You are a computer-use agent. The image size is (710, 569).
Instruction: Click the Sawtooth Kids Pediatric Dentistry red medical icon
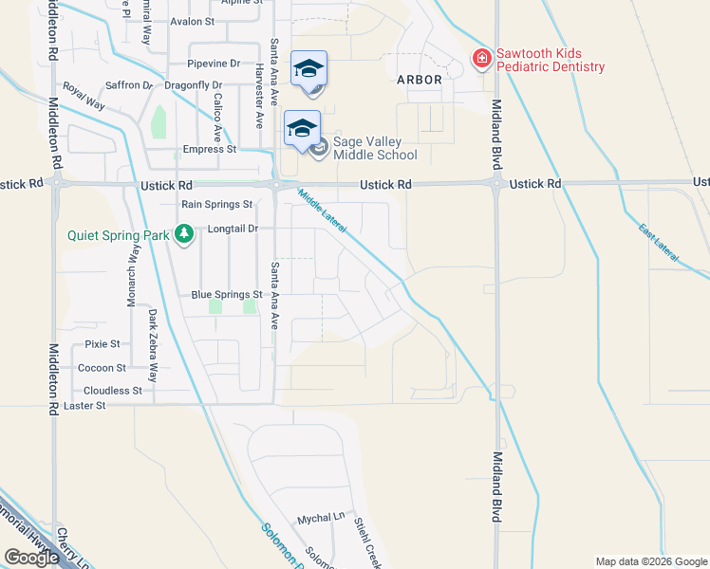(482, 60)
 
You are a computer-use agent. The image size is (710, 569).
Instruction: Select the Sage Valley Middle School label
(374, 148)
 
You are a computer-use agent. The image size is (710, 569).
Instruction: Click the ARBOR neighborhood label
(419, 80)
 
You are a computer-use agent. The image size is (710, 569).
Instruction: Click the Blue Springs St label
(226, 295)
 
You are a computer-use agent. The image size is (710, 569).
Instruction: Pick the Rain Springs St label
(217, 204)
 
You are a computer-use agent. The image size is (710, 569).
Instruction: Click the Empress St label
(209, 149)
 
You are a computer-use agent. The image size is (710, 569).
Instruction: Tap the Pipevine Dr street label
(214, 64)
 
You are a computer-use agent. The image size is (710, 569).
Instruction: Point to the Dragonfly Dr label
(193, 85)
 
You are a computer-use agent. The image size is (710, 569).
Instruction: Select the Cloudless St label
(112, 390)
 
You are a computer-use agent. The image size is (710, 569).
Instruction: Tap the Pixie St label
(103, 343)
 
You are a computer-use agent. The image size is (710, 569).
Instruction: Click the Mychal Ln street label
(321, 518)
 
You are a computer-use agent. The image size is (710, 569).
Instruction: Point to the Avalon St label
(193, 21)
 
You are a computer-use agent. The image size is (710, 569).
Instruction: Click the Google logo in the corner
(31, 558)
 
